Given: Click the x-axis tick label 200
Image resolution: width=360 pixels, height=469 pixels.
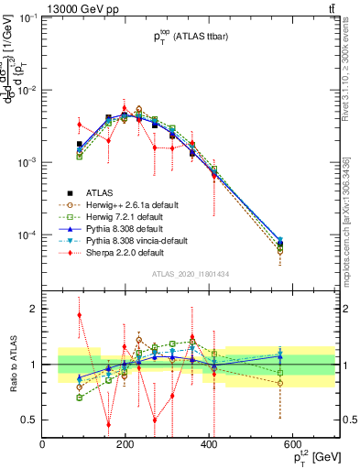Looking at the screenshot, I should tap(125, 445).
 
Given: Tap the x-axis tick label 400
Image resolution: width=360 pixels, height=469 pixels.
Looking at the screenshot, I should tap(209, 445).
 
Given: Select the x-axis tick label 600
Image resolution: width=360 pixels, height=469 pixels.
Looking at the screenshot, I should tap(292, 445).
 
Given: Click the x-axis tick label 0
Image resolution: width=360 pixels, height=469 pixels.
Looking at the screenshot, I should tap(43, 445).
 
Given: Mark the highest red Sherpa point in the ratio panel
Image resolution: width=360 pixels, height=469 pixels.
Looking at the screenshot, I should tap(80, 315).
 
